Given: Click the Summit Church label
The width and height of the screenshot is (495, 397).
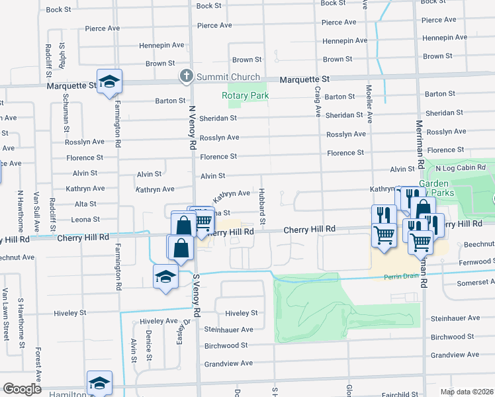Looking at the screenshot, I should (x=228, y=77).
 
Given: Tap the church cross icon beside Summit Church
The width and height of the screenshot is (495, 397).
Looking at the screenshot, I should (x=187, y=77).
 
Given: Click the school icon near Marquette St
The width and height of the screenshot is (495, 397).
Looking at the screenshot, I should (x=109, y=83).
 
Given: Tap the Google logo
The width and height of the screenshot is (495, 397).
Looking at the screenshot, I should (x=22, y=389).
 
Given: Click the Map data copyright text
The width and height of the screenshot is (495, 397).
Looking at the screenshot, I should (x=467, y=392).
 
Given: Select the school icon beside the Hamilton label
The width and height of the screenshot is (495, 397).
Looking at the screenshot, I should (x=99, y=383).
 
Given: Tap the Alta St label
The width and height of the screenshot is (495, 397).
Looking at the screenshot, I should (x=85, y=204).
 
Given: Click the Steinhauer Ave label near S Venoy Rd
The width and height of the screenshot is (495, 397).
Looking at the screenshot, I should (x=228, y=330).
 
